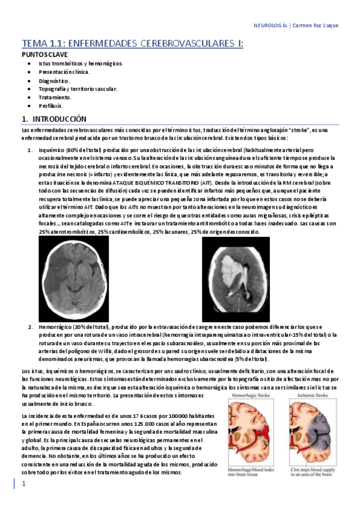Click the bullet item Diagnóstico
click(54, 80)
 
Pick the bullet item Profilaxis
click(50, 105)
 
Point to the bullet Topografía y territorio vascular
click(78, 88)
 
